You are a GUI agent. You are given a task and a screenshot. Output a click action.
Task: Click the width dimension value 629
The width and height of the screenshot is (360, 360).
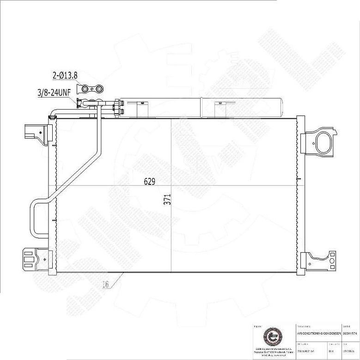coord(148,182)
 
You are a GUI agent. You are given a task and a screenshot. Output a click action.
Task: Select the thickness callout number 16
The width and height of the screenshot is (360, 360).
coord(105,285)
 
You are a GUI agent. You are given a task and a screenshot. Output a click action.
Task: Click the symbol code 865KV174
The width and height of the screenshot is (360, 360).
coord(350,333)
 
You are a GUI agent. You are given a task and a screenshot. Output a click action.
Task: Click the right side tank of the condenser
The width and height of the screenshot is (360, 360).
coord(300,194)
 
